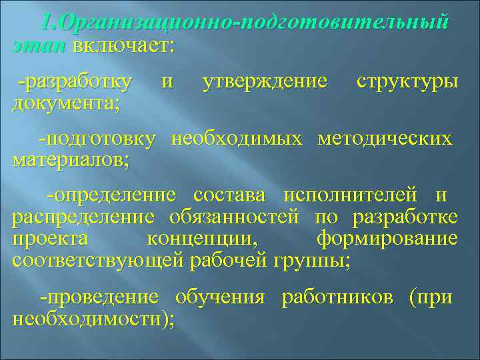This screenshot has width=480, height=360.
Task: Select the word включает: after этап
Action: coord(123,45)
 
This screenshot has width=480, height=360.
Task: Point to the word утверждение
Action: coord(264,82)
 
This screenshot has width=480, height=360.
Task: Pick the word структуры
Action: coord(407,82)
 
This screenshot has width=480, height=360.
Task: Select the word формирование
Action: coord(387,239)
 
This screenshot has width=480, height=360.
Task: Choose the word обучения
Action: coord(220,297)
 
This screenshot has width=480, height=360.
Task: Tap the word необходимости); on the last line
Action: coord(93,318)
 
